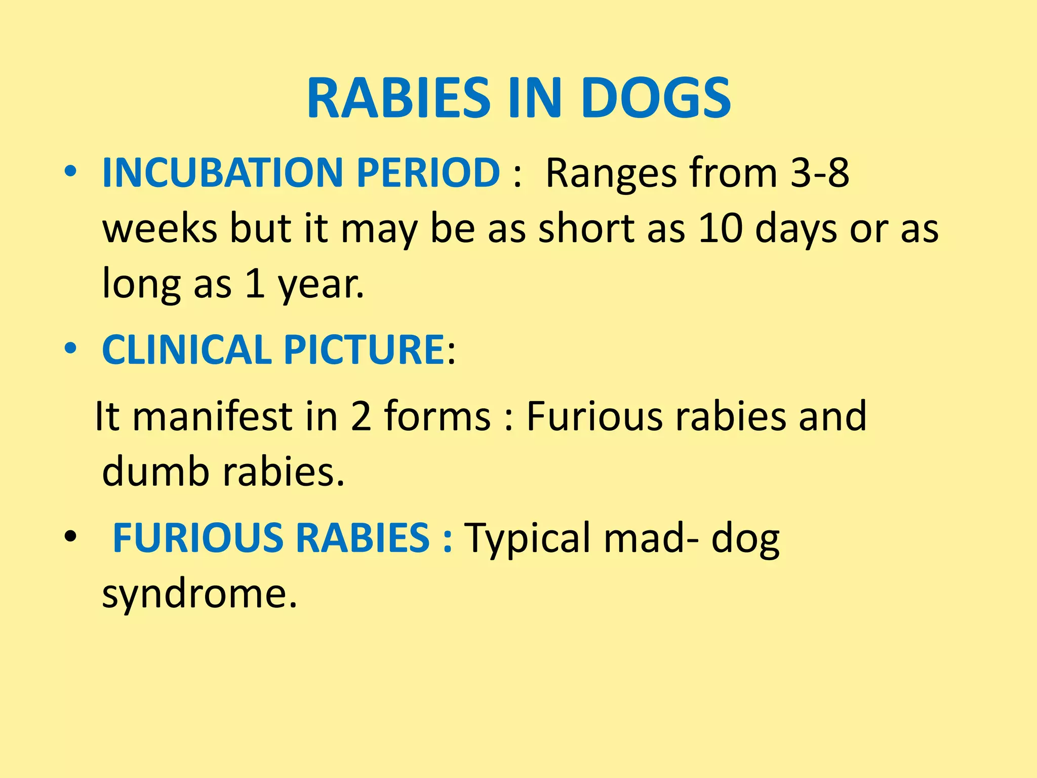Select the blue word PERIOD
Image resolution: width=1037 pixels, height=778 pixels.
pos(428,173)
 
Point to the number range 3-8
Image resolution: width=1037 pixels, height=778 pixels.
pos(820,173)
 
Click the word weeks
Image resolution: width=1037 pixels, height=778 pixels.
pos(159,228)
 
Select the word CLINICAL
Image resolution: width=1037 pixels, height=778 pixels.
pos(187,349)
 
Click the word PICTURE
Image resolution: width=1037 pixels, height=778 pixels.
pos(364,349)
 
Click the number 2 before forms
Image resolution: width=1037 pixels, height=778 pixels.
pos(361,416)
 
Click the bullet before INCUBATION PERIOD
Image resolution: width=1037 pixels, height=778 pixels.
pos(70,172)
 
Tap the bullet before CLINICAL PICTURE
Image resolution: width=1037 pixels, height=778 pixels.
pos(70,348)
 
